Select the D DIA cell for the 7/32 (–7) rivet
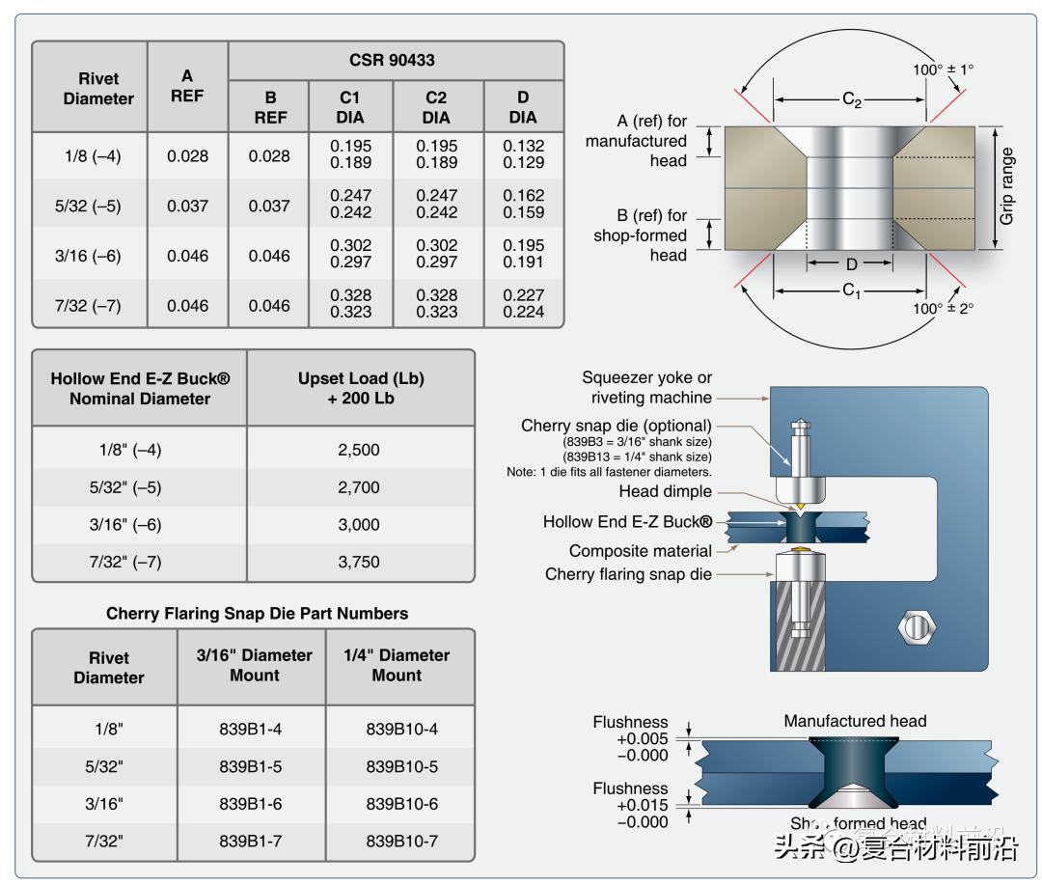click(523, 304)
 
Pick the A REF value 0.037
click(187, 206)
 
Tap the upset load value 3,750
click(359, 562)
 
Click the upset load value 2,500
click(359, 450)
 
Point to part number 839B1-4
click(250, 730)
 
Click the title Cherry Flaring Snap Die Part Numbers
click(257, 614)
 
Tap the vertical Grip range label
click(1007, 186)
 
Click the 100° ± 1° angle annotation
click(944, 69)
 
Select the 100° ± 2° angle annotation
click(944, 308)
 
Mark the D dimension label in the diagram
click(851, 263)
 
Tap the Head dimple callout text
click(667, 491)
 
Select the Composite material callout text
click(641, 551)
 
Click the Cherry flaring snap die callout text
click(628, 574)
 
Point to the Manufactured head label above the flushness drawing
click(855, 721)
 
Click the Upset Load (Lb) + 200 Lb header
click(361, 388)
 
